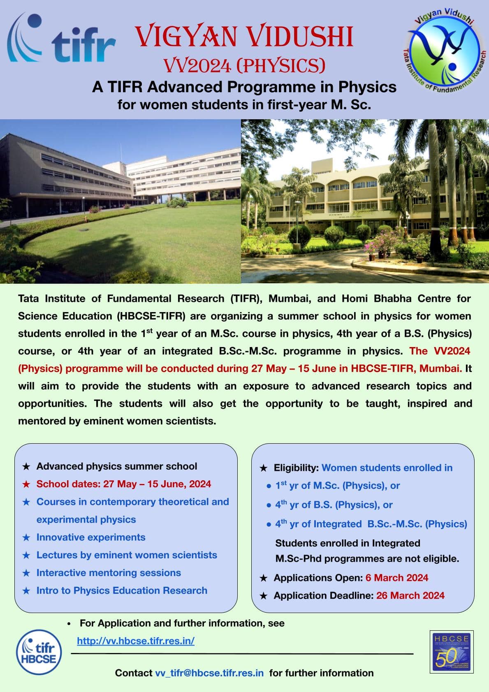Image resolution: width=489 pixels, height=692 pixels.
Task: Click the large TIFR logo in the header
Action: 61,37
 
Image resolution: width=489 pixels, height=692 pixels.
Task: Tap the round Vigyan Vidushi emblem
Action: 445,50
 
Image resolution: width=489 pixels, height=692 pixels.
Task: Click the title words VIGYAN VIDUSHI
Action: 244,36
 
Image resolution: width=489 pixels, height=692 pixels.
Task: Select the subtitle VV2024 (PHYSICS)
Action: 244,65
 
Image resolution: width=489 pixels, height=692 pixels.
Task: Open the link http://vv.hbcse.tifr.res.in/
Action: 136,641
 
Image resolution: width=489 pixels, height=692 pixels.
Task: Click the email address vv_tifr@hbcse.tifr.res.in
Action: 209,673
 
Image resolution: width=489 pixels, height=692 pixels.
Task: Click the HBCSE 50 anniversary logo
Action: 451,652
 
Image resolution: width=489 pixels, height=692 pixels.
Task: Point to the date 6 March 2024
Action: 396,578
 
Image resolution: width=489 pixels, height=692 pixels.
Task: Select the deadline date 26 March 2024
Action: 410,595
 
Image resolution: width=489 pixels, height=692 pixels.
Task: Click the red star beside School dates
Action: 26,484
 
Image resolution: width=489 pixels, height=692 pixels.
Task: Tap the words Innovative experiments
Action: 91,537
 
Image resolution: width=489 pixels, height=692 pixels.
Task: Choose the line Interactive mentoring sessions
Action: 109,573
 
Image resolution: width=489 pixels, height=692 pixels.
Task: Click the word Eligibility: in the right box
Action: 296,468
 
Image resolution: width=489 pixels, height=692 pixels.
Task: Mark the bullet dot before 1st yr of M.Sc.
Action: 269,486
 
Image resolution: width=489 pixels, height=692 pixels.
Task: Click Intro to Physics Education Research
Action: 122,590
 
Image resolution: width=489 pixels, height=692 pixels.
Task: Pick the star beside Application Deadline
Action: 264,596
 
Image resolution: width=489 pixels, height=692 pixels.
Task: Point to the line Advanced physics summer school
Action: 117,466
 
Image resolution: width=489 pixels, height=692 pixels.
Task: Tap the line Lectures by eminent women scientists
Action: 127,555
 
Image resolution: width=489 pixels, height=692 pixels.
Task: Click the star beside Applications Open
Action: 264,578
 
